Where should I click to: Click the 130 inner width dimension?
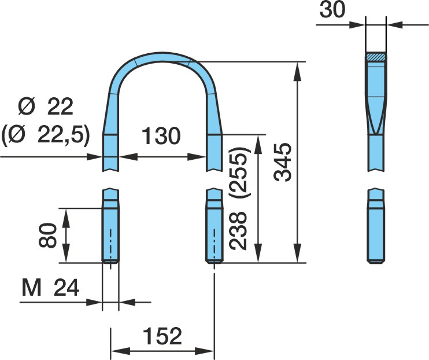(161, 135)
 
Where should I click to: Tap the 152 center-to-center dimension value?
(162, 336)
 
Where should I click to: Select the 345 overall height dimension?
(283, 162)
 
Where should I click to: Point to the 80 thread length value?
(47, 235)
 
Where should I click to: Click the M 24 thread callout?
(51, 288)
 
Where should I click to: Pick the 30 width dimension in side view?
(332, 10)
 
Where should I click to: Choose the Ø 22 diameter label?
(46, 107)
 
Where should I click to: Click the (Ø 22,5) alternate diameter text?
(46, 135)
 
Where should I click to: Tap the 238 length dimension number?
(238, 231)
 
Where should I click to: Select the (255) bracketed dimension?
(238, 172)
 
